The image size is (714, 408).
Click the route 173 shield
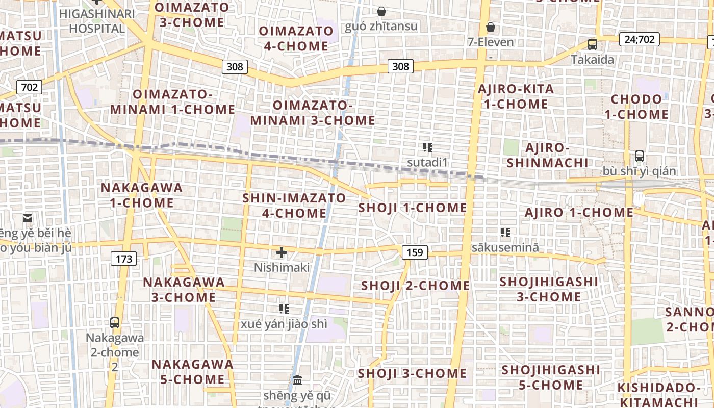point(124,259)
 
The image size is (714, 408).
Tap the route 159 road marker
point(415,252)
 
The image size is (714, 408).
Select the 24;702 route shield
point(640,39)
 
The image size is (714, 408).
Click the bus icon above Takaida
point(592,44)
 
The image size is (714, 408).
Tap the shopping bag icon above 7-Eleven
point(491,27)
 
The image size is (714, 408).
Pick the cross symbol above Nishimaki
point(282,252)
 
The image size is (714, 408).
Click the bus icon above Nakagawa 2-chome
point(115,322)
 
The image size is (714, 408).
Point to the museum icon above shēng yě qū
point(297,380)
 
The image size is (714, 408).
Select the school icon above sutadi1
point(428,148)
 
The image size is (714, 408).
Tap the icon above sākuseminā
point(505,233)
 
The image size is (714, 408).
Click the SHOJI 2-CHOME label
point(415,286)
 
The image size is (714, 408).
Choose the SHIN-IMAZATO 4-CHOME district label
point(294,206)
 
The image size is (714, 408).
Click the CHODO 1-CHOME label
point(636,107)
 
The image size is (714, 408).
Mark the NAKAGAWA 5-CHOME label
point(192,372)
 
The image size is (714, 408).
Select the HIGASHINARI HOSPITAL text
point(96,20)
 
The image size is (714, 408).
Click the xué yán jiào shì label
point(284,324)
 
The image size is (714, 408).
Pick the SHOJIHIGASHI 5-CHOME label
point(551,377)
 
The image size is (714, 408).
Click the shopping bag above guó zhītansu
point(381,11)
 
